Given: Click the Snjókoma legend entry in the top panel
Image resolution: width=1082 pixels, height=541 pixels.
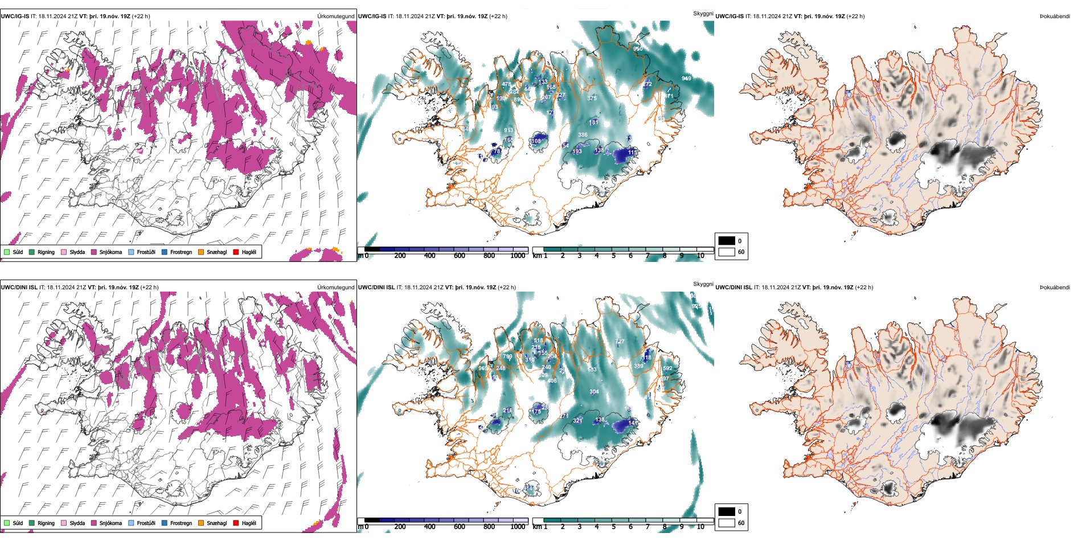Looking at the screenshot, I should point(110,252).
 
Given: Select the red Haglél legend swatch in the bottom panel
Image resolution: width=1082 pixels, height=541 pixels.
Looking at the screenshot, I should point(236,523).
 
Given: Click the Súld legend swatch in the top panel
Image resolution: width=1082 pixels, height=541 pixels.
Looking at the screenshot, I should point(7,252).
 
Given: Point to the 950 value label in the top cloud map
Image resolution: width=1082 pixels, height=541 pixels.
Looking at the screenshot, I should point(638,49).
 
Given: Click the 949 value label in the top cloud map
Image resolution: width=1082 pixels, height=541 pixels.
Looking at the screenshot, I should point(686,79).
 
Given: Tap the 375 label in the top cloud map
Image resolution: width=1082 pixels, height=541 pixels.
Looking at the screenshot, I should point(592,99).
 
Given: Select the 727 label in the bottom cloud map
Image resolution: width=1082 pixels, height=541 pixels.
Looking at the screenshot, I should point(620,342).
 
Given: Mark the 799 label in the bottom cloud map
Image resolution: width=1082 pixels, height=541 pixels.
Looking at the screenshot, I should point(507,356).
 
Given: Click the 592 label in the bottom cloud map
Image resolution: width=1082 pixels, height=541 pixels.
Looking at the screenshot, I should point(667,368).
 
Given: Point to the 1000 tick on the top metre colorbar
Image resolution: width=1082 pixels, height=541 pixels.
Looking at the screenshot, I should point(518,256).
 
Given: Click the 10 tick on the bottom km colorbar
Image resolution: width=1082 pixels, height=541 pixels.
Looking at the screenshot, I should point(700,527).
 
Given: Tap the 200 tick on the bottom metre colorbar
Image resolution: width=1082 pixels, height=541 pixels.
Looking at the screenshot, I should point(400,527).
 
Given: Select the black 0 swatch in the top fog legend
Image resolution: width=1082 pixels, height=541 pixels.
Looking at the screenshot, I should point(727,241).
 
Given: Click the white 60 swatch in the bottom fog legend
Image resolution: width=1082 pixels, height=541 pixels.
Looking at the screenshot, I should point(727,523).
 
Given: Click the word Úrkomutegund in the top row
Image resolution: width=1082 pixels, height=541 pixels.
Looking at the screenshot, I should point(335,17).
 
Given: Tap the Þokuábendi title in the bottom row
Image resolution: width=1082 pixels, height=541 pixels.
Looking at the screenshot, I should point(1055,288).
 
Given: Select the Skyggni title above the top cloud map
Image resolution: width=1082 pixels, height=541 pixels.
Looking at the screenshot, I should point(703,13).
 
